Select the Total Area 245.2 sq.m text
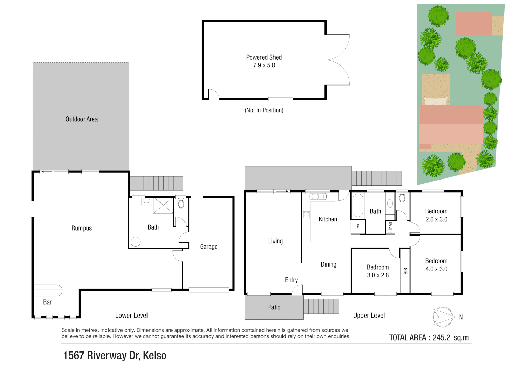[429, 337]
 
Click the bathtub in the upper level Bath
[358, 205]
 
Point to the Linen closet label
[390, 227]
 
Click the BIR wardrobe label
[405, 271]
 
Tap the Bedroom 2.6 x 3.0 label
[436, 215]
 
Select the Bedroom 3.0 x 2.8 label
[378, 271]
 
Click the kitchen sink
[318, 196]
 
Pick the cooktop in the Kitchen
[306, 215]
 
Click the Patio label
[274, 307]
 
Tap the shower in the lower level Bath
[163, 205]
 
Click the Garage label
[208, 247]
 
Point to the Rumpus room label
[81, 228]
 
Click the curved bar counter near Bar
[48, 290]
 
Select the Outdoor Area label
[81, 119]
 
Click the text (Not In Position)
[264, 110]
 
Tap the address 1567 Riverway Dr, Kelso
[115, 356]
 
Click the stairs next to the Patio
[321, 306]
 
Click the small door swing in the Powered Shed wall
[214, 94]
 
